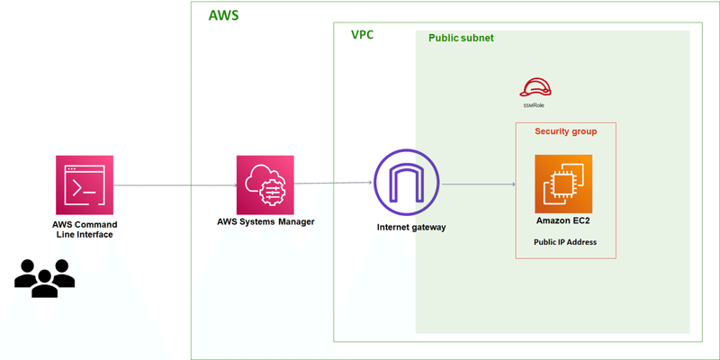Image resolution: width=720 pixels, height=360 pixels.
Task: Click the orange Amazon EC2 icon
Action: [563, 184]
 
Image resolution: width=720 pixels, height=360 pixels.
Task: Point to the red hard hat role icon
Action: [535, 87]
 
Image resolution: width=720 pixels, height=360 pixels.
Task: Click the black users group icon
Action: [45, 278]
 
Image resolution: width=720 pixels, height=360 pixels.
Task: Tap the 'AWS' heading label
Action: [224, 16]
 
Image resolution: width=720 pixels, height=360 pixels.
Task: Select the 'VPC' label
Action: [362, 35]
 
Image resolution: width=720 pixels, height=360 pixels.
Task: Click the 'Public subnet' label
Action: [461, 39]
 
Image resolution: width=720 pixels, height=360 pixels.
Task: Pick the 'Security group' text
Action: [565, 131]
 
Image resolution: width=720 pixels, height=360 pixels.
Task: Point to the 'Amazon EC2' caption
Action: [563, 220]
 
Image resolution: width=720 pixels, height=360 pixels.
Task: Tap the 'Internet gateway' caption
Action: [411, 227]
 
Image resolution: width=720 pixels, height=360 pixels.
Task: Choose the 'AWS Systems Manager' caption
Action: [265, 220]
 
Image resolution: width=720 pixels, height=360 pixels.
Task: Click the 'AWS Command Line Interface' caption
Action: [85, 229]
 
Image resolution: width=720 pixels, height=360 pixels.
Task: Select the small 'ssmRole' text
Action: [534, 105]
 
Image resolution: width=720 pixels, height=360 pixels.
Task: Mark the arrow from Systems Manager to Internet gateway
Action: [333, 184]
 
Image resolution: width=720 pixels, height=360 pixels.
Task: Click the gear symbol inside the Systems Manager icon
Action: [270, 191]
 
